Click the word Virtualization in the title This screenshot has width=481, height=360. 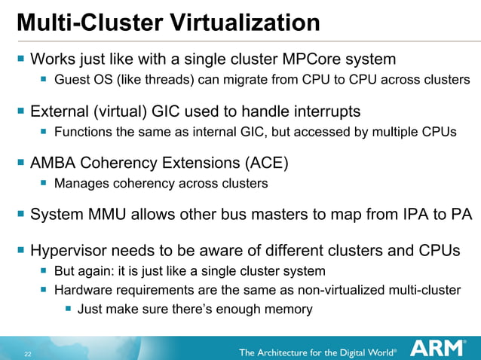(236, 22)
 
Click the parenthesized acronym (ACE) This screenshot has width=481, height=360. (265, 162)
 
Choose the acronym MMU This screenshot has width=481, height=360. (106, 215)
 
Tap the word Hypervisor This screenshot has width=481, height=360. (68, 250)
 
